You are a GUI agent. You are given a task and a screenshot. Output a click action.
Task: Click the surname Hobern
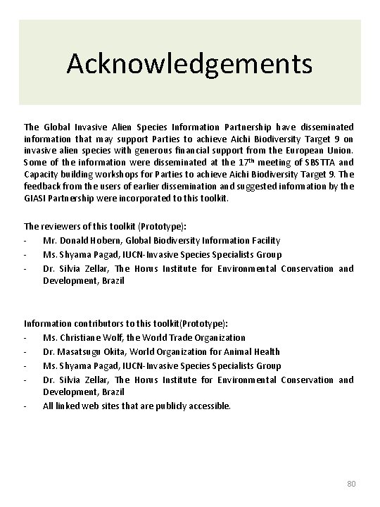(110, 241)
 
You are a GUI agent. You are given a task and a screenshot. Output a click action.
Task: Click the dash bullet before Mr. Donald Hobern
(26, 241)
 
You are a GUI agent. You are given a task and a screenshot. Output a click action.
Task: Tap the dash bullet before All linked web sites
(26, 406)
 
